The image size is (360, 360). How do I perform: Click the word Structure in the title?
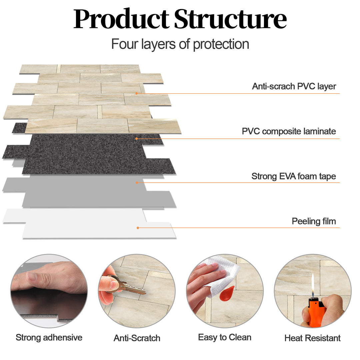[x=230, y=19]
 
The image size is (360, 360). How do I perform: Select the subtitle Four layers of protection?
[x=180, y=44]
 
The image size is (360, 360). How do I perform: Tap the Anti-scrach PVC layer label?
[x=294, y=86]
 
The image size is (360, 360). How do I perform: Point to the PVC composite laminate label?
[x=289, y=131]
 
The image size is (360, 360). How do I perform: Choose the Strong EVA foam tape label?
[x=293, y=176]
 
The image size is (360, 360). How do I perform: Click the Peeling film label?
[x=314, y=221]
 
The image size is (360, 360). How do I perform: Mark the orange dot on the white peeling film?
[x=138, y=228]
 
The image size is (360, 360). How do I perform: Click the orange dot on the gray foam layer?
[x=137, y=182]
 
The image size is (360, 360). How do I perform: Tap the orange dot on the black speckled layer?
[x=136, y=138]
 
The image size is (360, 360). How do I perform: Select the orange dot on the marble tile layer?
[x=136, y=93]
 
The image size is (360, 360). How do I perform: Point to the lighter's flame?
[x=312, y=283]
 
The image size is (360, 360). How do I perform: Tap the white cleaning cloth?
[x=222, y=277]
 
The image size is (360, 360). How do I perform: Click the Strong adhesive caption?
[x=49, y=337]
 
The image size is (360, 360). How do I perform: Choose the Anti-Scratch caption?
[x=137, y=338]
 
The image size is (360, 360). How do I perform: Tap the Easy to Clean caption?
[x=225, y=337]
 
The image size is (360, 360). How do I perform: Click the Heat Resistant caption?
[x=312, y=338]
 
